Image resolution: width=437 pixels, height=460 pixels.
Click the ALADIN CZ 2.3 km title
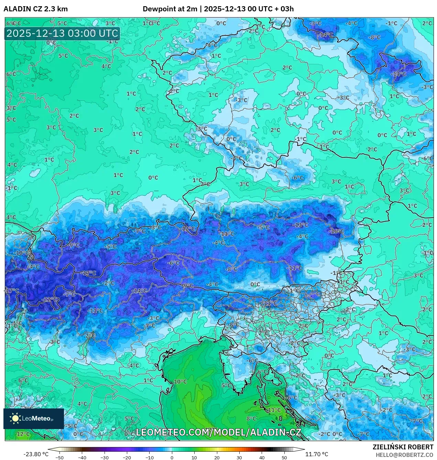pyautogui.click(x=35, y=9)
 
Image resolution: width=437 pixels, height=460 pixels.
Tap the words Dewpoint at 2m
pyautogui.click(x=170, y=9)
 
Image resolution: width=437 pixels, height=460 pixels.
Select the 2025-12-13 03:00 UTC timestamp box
pyautogui.click(x=62, y=34)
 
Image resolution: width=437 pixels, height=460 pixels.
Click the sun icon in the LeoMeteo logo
pyautogui.click(x=15, y=418)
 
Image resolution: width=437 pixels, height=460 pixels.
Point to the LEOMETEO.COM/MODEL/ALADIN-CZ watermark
pyautogui.click(x=219, y=432)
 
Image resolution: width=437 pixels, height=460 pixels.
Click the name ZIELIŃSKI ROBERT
pyautogui.click(x=403, y=447)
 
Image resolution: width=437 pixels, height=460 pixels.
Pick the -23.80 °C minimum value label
pyautogui.click(x=36, y=454)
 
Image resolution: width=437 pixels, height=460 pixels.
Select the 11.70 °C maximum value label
pyautogui.click(x=317, y=454)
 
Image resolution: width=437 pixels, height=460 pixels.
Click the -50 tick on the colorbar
pyautogui.click(x=59, y=458)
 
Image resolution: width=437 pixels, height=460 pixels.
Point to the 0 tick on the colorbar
pyautogui.click(x=172, y=458)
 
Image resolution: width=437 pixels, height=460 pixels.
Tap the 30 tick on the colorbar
pyautogui.click(x=239, y=458)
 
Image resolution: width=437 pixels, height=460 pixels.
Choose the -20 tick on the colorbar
pyautogui.click(x=127, y=458)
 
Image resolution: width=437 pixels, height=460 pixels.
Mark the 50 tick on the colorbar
pyautogui.click(x=284, y=458)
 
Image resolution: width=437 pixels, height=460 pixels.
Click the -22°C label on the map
pyautogui.click(x=50, y=299)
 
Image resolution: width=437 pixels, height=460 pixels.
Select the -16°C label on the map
pyautogui.click(x=336, y=231)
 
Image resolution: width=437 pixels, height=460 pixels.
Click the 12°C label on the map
pyautogui.click(x=23, y=434)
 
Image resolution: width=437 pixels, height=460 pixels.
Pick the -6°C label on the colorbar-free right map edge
pyautogui.click(x=428, y=158)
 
